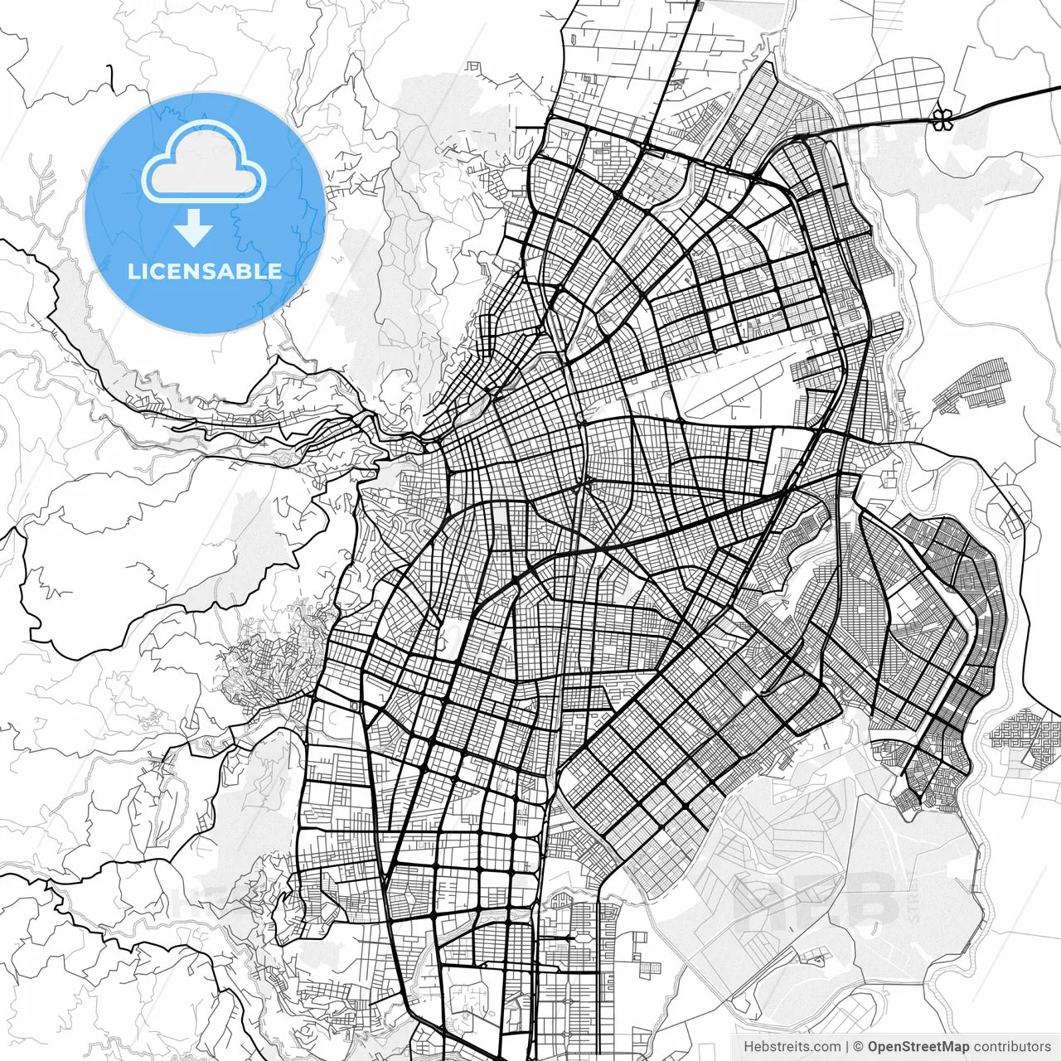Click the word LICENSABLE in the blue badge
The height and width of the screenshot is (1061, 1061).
tap(204, 271)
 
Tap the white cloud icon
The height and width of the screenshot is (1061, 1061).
tap(204, 162)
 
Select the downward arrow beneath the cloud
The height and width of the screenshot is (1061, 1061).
tap(194, 228)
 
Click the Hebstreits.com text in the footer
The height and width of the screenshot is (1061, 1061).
tap(792, 1047)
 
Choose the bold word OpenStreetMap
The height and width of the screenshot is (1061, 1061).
tap(918, 1047)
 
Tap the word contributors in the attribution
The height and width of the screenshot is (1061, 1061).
tap(1012, 1047)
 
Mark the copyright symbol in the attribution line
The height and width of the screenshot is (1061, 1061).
tap(859, 1047)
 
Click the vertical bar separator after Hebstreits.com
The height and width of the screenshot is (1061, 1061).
tap(847, 1047)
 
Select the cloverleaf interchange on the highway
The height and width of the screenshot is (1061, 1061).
tap(941, 119)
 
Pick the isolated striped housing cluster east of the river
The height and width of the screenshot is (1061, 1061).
tap(974, 385)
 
